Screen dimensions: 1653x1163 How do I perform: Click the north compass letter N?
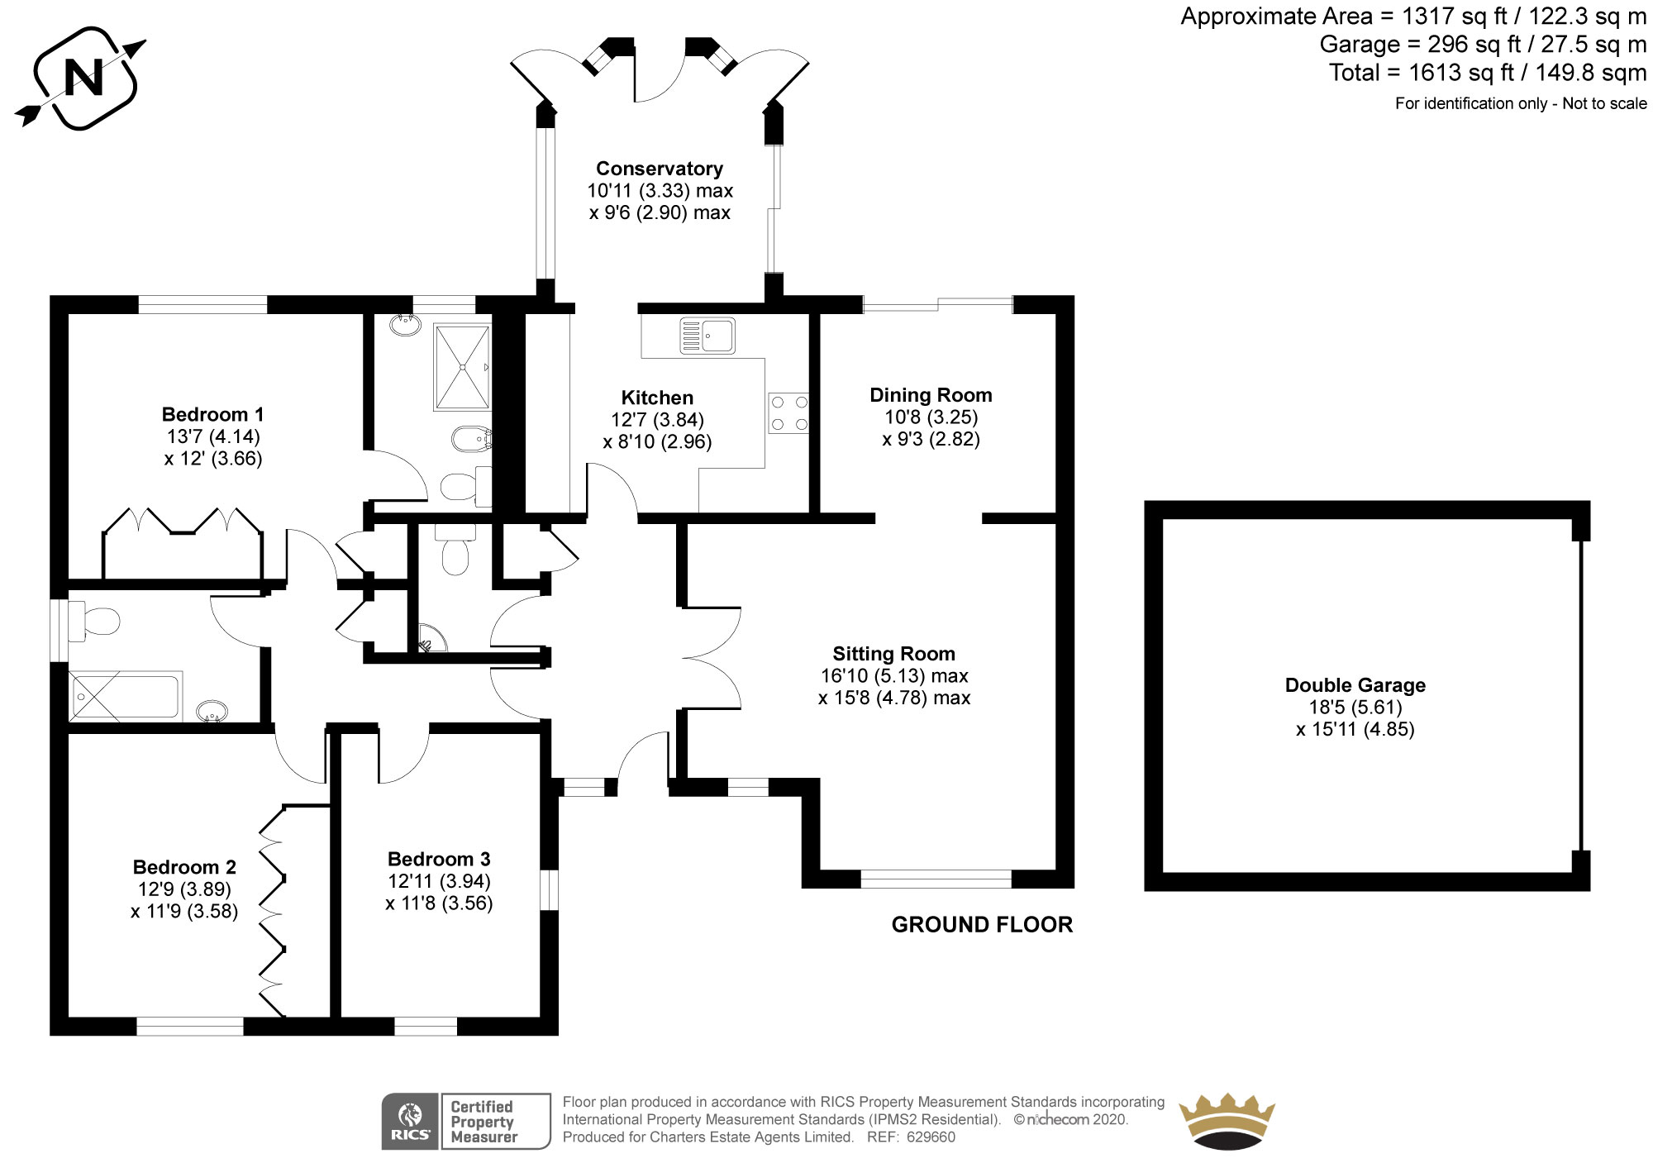pos(83,79)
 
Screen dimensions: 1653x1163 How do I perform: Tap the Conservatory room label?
pos(660,169)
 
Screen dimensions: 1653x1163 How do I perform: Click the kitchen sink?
pos(707,335)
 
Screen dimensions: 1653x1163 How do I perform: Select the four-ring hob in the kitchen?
pos(788,412)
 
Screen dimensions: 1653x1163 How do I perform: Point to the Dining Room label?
pos(931,395)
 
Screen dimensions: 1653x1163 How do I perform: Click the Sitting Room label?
pos(893,654)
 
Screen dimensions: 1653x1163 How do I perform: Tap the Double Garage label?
pos(1355,685)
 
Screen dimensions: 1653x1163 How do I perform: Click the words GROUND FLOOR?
pos(982,924)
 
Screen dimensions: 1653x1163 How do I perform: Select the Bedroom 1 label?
pos(212,414)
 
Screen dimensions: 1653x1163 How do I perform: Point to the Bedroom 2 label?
pos(184,867)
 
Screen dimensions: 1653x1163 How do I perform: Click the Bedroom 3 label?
pos(439,859)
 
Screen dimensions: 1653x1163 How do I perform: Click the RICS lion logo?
pos(410,1121)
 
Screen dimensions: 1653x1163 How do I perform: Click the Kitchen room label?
pos(657,398)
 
